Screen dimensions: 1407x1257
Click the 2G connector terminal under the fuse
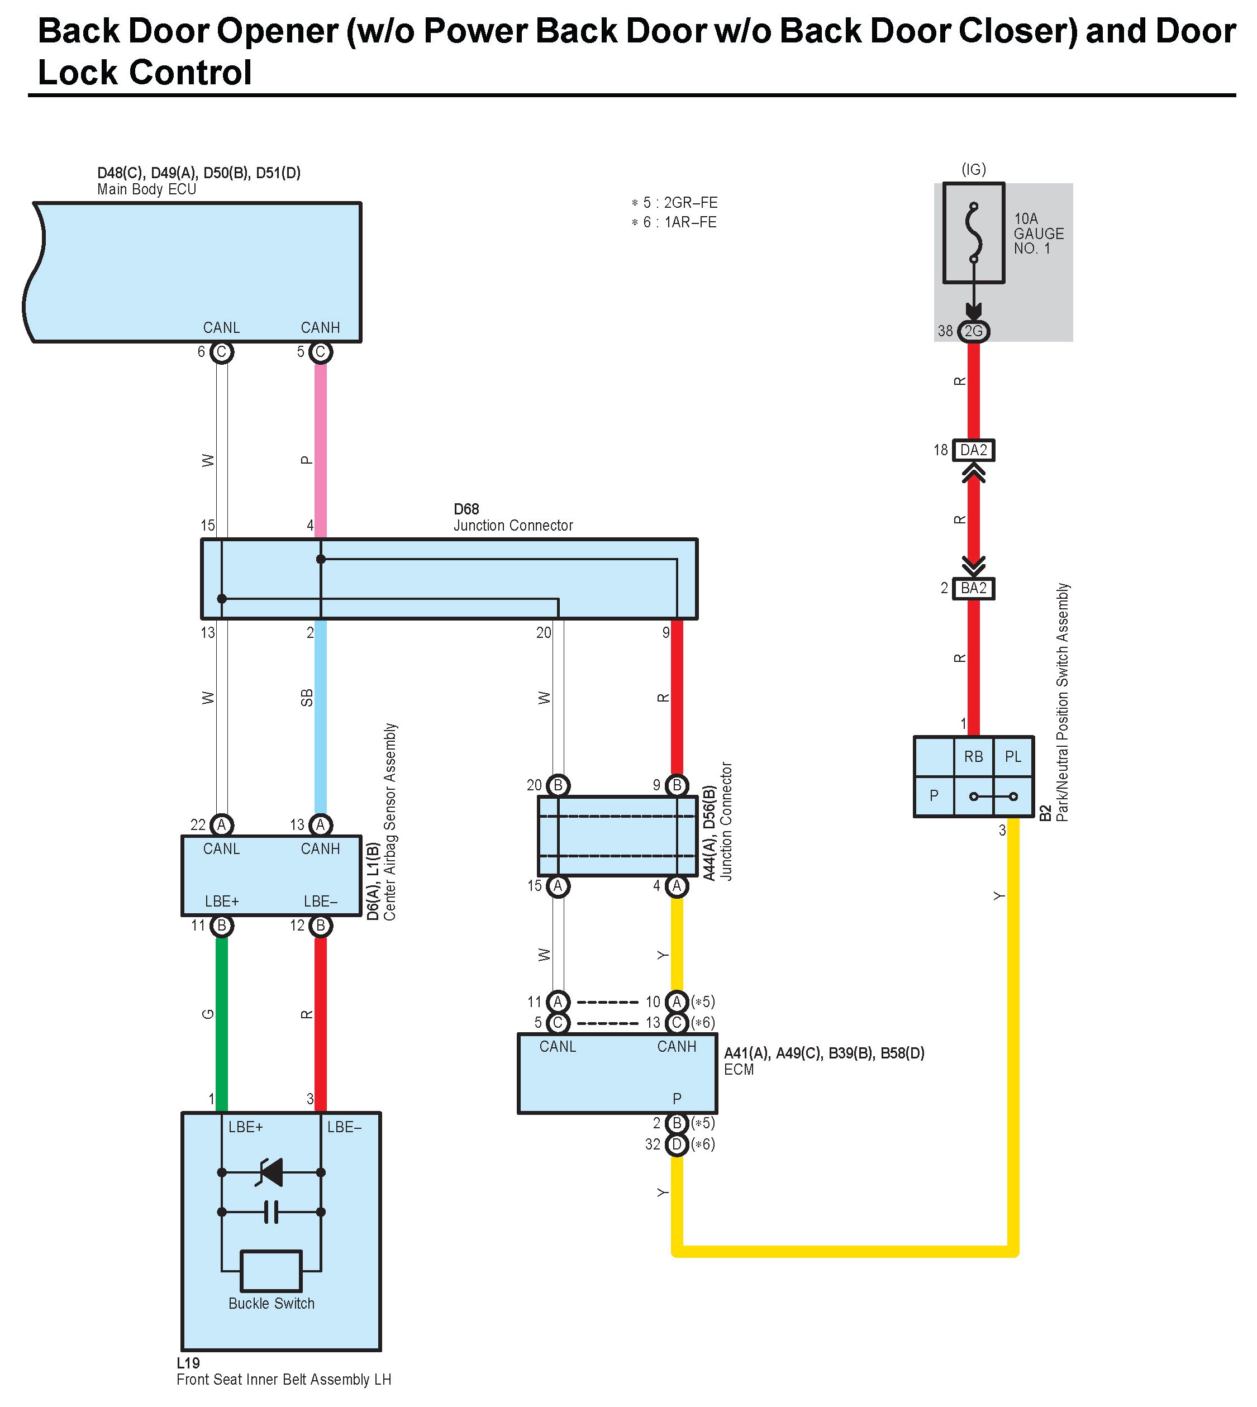pos(973,331)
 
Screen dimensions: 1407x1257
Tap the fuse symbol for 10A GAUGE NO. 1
pos(974,233)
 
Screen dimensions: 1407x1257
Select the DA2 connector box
pos(973,450)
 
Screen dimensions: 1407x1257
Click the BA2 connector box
pos(973,588)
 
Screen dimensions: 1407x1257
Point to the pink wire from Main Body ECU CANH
pos(321,449)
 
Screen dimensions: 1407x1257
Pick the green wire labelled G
pos(222,1015)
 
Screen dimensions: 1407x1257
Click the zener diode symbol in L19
pos(271,1172)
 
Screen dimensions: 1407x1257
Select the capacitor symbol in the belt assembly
pos(271,1212)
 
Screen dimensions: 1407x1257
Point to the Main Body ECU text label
pos(146,189)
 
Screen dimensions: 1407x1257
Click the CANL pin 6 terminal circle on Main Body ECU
pos(222,352)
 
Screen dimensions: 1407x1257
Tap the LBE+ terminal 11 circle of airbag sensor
pos(222,926)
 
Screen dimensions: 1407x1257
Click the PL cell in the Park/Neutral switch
pos(1012,757)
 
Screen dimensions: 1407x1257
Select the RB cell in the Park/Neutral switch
pos(973,757)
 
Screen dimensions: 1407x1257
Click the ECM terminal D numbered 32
pos(677,1144)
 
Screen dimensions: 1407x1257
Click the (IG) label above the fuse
pos(974,169)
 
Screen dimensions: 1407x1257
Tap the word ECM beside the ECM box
pos(739,1070)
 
